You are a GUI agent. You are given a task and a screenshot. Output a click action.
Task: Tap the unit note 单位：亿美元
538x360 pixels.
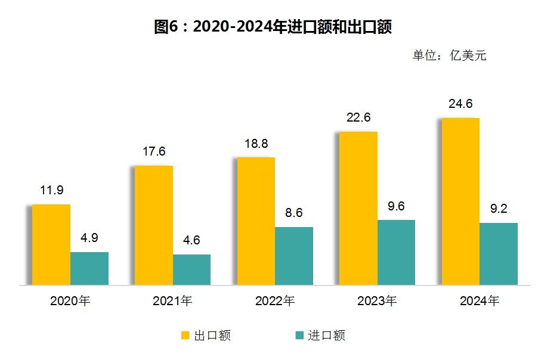point(450,55)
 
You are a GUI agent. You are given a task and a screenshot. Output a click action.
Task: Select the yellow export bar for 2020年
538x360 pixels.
point(51,244)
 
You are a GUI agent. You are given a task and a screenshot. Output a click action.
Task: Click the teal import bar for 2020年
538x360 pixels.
point(89,268)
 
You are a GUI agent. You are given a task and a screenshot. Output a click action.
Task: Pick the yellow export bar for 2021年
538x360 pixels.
point(153,225)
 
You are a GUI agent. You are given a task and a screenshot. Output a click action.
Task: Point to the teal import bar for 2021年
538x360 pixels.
point(191,269)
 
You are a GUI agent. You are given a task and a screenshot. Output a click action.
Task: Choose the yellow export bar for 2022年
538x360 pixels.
point(256,221)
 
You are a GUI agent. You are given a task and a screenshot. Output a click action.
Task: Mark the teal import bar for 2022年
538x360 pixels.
point(294,256)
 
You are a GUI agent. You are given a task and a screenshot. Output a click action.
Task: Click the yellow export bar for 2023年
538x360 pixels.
point(358,208)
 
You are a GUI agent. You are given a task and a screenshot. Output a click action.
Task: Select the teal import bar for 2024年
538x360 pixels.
point(499,253)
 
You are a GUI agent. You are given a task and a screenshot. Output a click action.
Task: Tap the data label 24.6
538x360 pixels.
point(460,104)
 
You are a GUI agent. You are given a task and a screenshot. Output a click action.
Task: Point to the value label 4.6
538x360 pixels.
point(191,240)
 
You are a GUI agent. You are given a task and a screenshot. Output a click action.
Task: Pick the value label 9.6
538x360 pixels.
point(396,206)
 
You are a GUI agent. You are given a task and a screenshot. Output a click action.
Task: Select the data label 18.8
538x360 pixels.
point(256,144)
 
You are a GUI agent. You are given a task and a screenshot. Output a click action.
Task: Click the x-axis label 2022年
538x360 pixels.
point(275,301)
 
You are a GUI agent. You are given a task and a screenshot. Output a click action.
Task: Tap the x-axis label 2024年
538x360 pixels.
point(480,301)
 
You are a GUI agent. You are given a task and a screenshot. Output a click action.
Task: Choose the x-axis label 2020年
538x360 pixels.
point(70,301)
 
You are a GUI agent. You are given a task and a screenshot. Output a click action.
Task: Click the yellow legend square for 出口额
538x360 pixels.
point(185,336)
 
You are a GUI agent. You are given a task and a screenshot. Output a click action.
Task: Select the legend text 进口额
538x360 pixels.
point(326,336)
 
